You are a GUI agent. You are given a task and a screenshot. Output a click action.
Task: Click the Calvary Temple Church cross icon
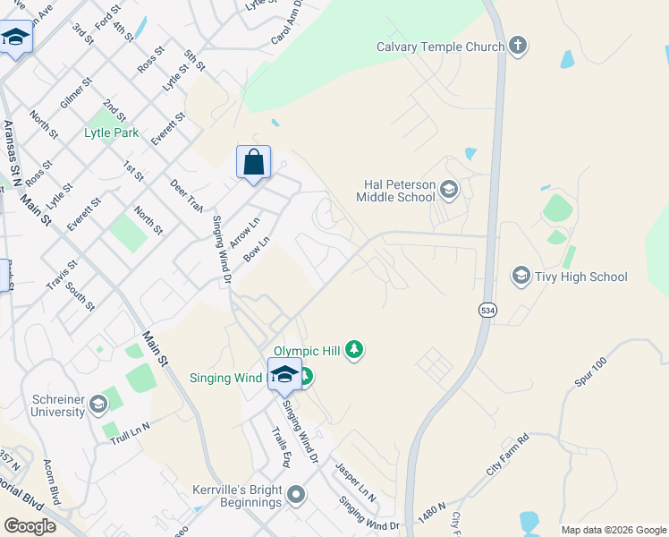(x=518, y=46)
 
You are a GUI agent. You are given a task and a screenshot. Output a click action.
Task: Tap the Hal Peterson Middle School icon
(x=449, y=190)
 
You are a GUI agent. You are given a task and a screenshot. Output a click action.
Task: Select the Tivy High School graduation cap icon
(x=521, y=276)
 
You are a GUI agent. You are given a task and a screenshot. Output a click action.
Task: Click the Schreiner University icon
(x=97, y=405)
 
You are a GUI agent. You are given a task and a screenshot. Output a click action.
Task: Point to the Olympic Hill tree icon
(x=355, y=349)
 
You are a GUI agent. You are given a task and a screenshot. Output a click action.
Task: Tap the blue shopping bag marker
(x=254, y=163)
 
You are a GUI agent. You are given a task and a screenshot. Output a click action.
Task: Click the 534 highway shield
(x=487, y=310)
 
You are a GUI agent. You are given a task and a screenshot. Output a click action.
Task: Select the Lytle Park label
(x=111, y=132)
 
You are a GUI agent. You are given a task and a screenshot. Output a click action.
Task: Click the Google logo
(x=30, y=525)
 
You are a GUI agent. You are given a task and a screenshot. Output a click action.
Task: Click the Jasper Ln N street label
(x=355, y=481)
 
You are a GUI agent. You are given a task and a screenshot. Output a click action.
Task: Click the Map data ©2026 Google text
(x=613, y=530)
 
